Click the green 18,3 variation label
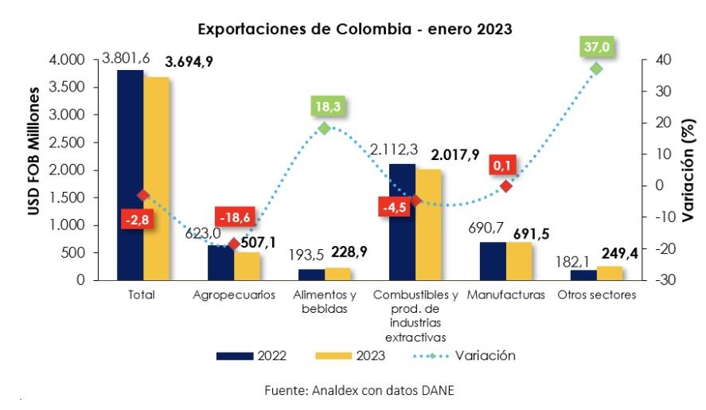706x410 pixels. click(x=323, y=107)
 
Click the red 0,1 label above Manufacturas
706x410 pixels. click(x=504, y=165)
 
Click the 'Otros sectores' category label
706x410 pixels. click(x=597, y=295)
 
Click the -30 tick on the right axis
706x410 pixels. click(x=665, y=280)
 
